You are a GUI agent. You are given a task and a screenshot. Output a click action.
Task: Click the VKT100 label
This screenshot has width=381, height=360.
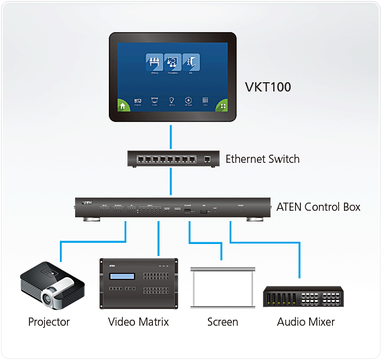tap(267, 87)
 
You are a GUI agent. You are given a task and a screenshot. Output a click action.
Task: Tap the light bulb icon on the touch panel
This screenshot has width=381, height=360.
tap(171, 100)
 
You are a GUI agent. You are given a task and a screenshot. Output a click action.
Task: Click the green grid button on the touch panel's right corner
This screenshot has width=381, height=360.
tap(222, 106)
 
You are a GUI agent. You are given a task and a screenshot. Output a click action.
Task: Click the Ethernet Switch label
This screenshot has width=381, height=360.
tap(262, 159)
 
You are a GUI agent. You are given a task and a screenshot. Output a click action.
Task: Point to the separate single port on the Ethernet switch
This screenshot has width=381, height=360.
tap(207, 160)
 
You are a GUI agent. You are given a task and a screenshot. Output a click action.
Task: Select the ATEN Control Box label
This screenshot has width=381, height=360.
tap(318, 207)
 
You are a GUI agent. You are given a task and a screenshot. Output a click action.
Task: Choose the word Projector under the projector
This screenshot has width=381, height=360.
tap(49, 322)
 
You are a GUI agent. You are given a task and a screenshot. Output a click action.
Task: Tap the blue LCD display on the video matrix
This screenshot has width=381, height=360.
tap(121, 277)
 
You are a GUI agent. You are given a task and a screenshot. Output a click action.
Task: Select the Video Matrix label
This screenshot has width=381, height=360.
tap(138, 322)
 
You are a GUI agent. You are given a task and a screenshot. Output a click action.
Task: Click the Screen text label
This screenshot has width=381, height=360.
tap(223, 322)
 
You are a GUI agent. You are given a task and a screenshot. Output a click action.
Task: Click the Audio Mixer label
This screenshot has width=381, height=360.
tap(306, 322)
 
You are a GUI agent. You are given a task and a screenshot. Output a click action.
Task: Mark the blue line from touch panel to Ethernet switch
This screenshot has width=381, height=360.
tap(171, 137)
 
